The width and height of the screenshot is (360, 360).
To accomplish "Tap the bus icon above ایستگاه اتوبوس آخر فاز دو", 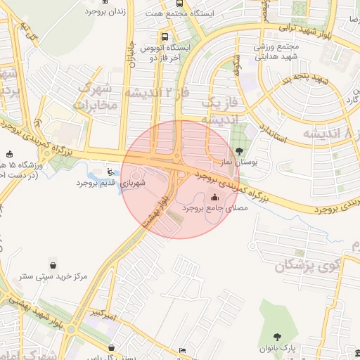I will coord(165,37).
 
